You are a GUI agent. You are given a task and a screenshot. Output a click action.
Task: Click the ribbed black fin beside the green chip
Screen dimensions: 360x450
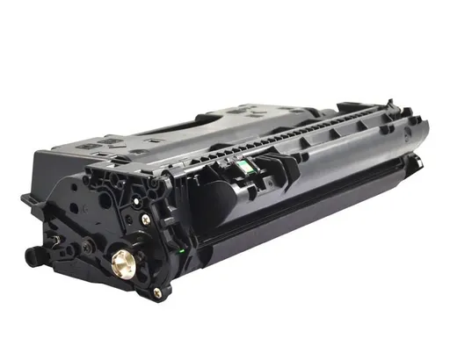(x=269, y=162)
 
